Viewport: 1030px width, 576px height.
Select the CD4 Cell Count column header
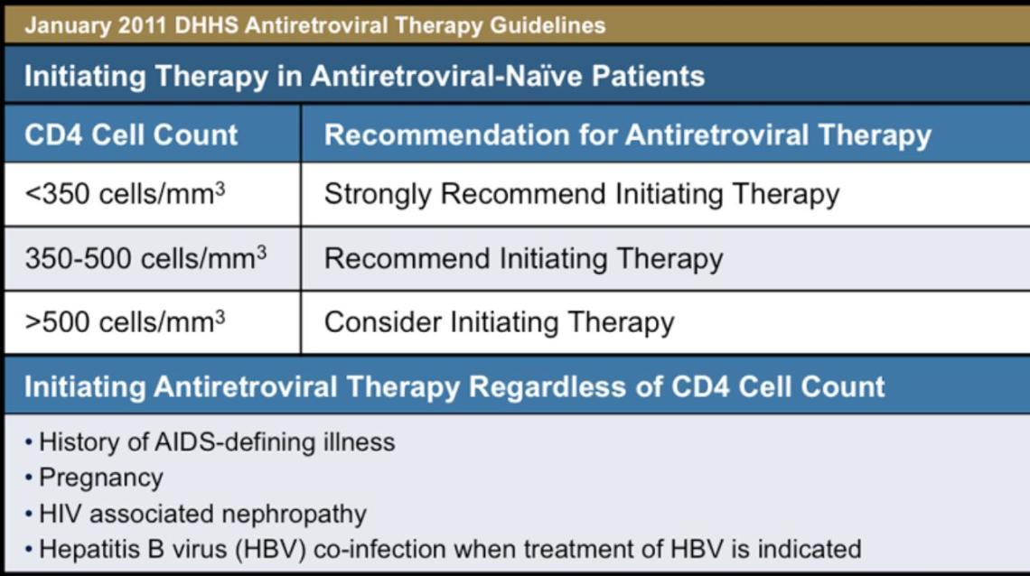click(x=131, y=135)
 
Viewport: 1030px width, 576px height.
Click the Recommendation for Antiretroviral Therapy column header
click(x=627, y=135)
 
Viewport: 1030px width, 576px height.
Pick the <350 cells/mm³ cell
click(x=125, y=194)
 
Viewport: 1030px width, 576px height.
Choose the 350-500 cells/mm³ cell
click(x=145, y=258)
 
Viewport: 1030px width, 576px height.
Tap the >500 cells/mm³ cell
click(x=125, y=322)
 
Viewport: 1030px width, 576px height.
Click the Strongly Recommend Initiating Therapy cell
click(x=581, y=194)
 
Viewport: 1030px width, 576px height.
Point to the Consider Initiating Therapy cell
click(x=499, y=322)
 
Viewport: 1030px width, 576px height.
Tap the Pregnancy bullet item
click(x=100, y=478)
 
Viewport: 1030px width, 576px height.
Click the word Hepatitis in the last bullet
click(x=81, y=548)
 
